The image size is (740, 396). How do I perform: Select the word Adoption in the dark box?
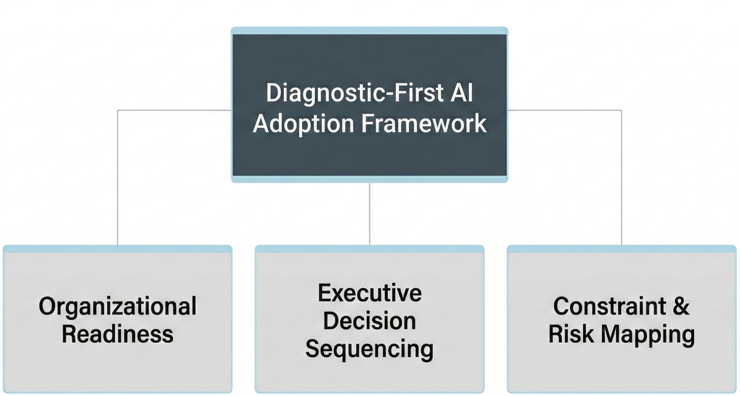(303, 124)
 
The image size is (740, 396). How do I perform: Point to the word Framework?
(424, 123)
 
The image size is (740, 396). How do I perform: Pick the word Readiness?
(117, 335)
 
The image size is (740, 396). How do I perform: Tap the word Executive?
(370, 293)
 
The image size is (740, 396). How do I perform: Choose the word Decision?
(370, 321)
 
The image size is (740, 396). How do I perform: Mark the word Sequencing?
(370, 349)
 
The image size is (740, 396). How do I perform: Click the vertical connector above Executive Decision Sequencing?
(370, 213)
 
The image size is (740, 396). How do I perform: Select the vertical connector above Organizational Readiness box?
(118, 177)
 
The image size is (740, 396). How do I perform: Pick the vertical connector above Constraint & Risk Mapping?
(621, 177)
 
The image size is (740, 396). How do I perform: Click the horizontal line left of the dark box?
(174, 110)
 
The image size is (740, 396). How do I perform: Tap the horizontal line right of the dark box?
(565, 110)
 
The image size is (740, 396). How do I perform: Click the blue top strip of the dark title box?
(370, 31)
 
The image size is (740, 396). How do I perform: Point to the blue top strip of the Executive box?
(370, 249)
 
